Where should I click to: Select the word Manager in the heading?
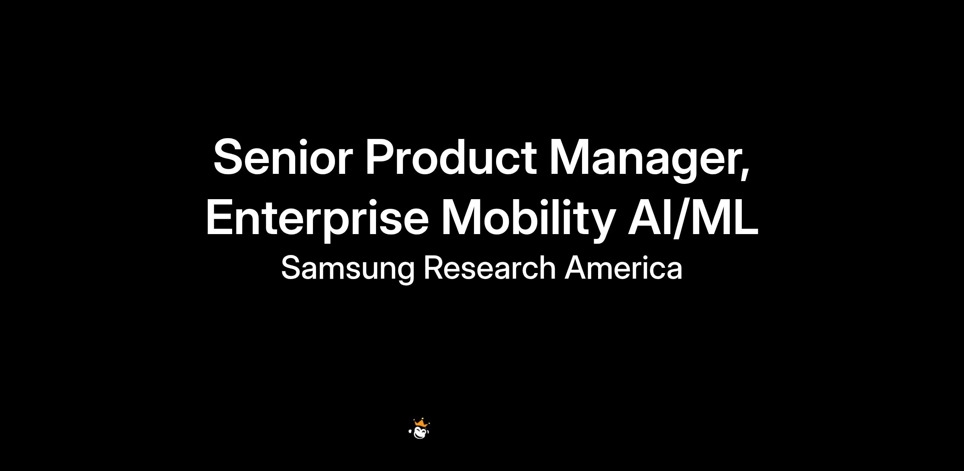click(x=645, y=161)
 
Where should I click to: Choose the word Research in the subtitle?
click(x=490, y=268)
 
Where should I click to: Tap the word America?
click(x=623, y=268)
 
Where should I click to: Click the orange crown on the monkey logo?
click(x=420, y=423)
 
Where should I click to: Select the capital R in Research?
click(x=435, y=268)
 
